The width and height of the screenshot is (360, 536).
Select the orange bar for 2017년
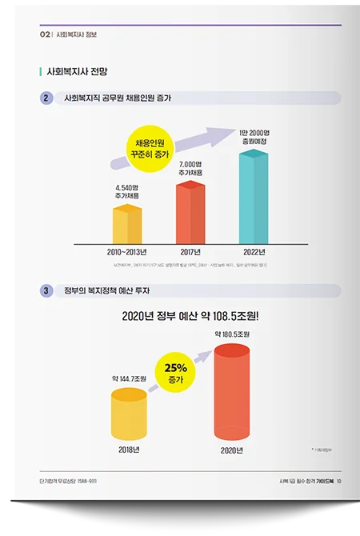[190, 211]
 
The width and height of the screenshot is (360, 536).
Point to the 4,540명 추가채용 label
[127, 192]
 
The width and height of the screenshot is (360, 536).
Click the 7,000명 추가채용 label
[190, 168]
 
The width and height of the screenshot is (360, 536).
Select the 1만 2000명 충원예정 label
[255, 137]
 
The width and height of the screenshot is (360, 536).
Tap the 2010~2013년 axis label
[127, 250]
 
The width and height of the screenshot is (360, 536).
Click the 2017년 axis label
[190, 250]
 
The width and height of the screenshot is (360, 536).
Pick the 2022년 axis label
[254, 250]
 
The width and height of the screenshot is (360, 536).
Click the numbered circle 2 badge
[46, 98]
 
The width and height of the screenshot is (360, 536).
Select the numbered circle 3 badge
[46, 290]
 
